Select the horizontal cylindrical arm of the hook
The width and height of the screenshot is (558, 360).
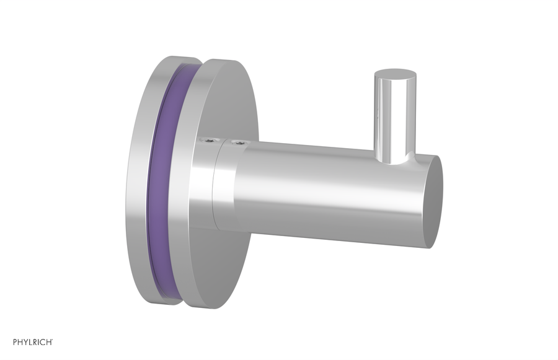click(x=329, y=186)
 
